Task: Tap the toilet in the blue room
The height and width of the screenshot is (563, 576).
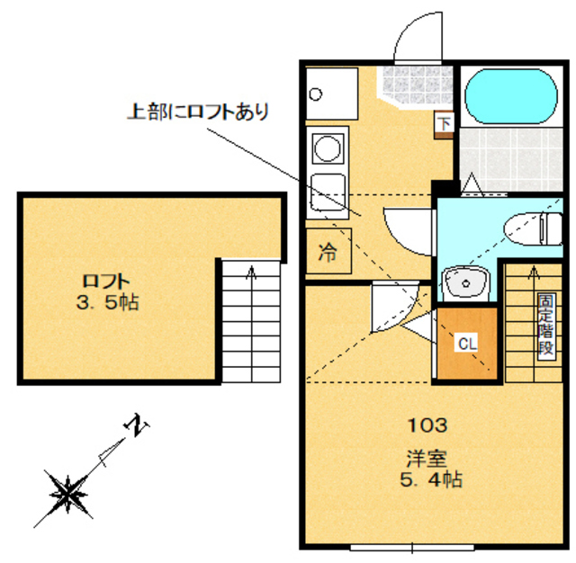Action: pyautogui.click(x=532, y=228)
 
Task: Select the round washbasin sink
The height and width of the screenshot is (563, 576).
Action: pyautogui.click(x=465, y=282)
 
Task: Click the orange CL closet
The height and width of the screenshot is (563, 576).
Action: pyautogui.click(x=466, y=344)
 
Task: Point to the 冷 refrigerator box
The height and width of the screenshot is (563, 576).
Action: pyautogui.click(x=328, y=253)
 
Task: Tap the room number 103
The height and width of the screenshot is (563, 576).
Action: pyautogui.click(x=429, y=424)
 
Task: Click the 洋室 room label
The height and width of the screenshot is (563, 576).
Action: pyautogui.click(x=431, y=458)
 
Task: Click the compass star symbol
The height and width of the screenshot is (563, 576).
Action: pyautogui.click(x=68, y=493)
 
